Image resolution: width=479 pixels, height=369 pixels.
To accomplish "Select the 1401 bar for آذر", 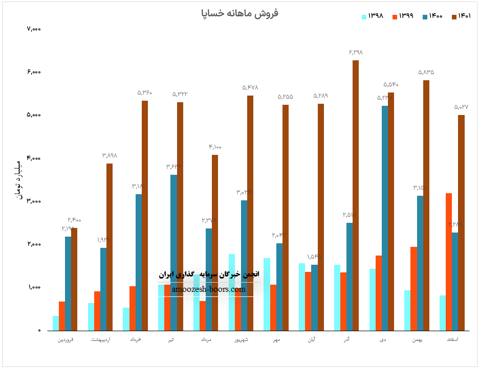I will pyautogui.click(x=356, y=195).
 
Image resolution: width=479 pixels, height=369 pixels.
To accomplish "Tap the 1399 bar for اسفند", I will pyautogui.click(x=449, y=262).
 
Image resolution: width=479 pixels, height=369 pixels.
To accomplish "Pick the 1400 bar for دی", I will pyautogui.click(x=384, y=218).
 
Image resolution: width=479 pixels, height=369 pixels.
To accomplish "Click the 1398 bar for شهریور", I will pyautogui.click(x=232, y=292).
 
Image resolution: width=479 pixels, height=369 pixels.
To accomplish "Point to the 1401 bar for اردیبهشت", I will pyautogui.click(x=110, y=247).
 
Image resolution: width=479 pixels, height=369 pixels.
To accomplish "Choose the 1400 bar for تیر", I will pyautogui.click(x=173, y=252).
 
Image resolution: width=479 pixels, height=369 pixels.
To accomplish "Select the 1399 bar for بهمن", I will pyautogui.click(x=413, y=289).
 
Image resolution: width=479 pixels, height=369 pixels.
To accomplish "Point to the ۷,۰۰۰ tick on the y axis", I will pyautogui.click(x=33, y=29).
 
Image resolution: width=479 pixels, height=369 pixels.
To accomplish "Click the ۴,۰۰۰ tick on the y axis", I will pyautogui.click(x=33, y=158).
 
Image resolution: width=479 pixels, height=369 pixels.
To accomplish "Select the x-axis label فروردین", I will pyautogui.click(x=68, y=339).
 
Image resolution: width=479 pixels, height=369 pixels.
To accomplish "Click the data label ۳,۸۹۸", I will pyautogui.click(x=110, y=155).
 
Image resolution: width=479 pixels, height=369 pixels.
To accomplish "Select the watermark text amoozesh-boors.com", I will pyautogui.click(x=209, y=289).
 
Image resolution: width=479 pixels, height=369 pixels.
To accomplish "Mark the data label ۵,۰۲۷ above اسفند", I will pyautogui.click(x=461, y=107).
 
